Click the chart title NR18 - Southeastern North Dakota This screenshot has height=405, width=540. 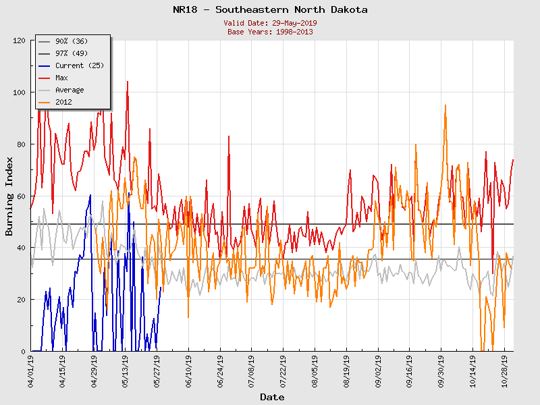pos(270,9)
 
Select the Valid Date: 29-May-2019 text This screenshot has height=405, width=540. pos(270,23)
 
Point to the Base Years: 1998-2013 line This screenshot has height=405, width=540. pos(270,31)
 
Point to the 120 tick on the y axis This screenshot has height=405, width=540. pos(20,40)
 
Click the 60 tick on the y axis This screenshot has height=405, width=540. pos(22,196)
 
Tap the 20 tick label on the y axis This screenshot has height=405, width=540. pos(22,299)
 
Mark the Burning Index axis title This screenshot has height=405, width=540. pos(9,196)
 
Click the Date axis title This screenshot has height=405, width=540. pos(272,397)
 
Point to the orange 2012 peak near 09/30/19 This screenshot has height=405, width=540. pos(446,105)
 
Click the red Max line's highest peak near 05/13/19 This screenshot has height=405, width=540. pos(128,82)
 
